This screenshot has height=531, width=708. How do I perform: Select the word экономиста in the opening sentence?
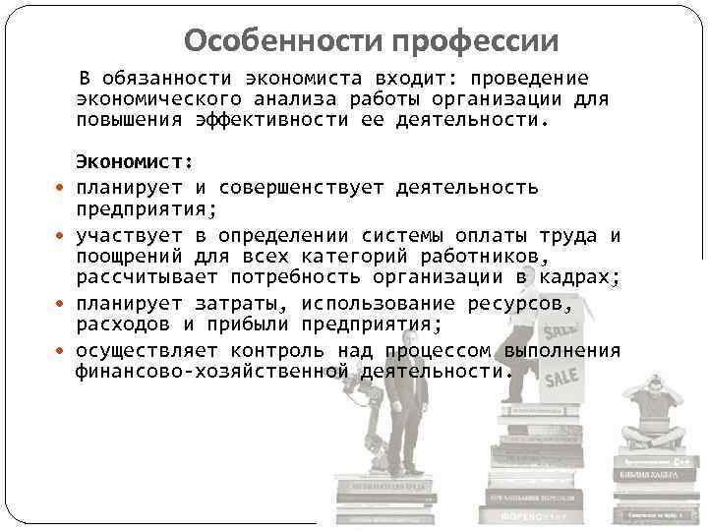(301, 78)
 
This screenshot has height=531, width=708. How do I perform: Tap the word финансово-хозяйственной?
(211, 373)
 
